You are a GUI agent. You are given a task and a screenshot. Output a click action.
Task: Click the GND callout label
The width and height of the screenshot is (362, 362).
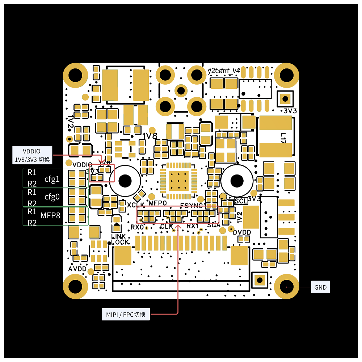320,287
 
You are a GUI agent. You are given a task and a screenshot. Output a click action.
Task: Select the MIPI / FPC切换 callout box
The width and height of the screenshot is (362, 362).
126,314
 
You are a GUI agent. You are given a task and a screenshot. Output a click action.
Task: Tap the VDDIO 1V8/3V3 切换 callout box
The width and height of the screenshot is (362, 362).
32,155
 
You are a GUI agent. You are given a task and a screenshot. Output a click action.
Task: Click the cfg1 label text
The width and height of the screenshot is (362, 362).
52,179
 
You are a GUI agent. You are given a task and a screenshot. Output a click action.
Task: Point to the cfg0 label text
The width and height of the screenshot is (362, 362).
52,197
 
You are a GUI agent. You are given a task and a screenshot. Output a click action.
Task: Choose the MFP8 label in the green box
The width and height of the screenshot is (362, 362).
50,216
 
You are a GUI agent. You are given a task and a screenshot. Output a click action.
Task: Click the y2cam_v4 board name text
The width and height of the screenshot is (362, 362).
224,71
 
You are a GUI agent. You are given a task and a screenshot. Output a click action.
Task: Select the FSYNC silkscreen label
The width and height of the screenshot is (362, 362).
191,206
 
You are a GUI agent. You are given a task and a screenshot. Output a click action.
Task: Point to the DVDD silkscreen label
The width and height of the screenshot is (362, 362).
242,232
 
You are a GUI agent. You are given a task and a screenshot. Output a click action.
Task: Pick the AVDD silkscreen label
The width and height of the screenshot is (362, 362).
77,269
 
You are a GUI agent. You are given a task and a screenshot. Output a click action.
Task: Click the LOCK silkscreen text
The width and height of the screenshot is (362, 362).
120,242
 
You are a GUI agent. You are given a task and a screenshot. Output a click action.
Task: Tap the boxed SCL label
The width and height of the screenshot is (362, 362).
241,201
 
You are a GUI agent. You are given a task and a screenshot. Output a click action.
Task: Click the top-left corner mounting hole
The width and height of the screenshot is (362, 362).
76,75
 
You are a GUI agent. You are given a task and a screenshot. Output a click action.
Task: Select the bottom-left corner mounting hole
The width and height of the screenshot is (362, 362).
76,287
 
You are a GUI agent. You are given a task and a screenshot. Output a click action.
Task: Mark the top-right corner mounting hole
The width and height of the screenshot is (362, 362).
286,75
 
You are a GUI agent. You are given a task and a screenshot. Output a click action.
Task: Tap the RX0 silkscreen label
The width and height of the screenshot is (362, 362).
137,227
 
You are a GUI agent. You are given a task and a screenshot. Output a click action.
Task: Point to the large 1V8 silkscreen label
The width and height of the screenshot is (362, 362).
150,136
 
